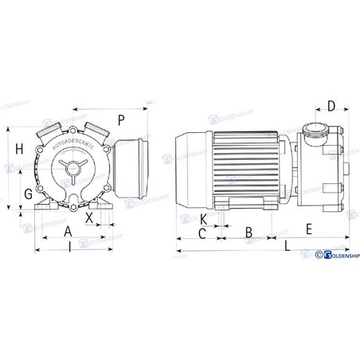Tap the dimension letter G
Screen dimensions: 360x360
pos(28,193)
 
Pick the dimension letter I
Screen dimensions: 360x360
pos(72,248)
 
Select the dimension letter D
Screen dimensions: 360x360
pos(332,105)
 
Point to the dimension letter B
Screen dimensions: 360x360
pos(248,232)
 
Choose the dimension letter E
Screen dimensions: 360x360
pos(307,229)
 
